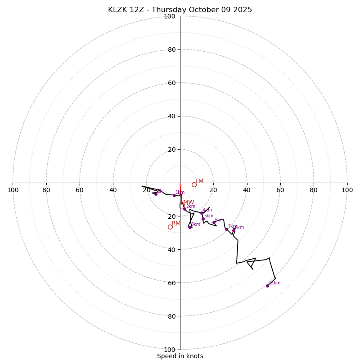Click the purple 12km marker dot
(x=267, y=286)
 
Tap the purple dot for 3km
(x=190, y=227)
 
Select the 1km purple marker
(x=174, y=195)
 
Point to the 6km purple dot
(x=214, y=223)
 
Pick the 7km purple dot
(x=226, y=229)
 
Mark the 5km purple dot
(x=203, y=219)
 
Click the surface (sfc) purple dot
(x=156, y=194)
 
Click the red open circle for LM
(x=194, y=184)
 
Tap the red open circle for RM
(x=170, y=227)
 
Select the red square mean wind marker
(x=182, y=206)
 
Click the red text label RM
(x=176, y=223)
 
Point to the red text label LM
(x=199, y=181)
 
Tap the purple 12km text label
(x=274, y=283)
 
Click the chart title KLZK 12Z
(x=180, y=10)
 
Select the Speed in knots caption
(x=180, y=356)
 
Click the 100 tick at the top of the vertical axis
(x=170, y=16)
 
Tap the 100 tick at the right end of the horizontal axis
(x=347, y=190)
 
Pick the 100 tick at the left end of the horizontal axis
(x=13, y=190)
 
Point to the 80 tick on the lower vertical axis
(x=171, y=316)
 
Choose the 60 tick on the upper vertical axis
(x=171, y=83)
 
